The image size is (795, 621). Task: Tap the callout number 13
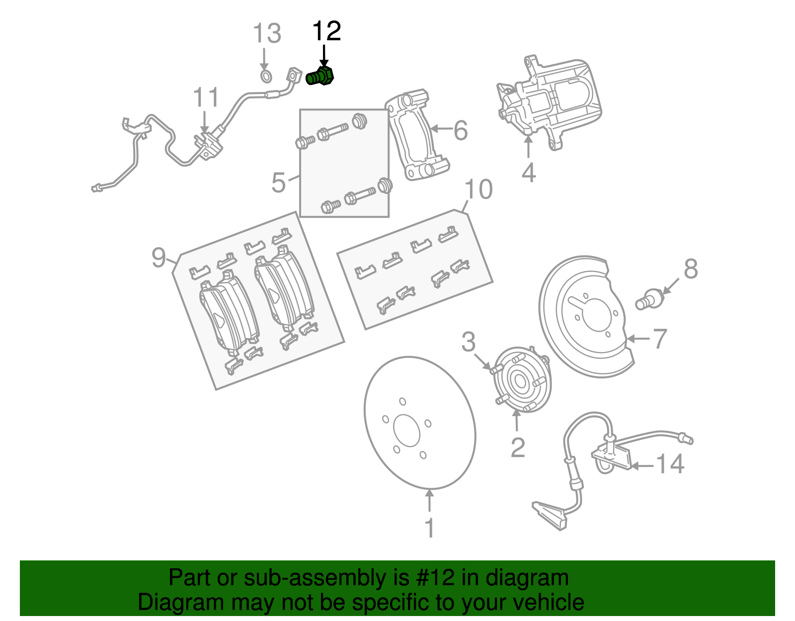pos(267,34)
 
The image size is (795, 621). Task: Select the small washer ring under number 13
pos(266,77)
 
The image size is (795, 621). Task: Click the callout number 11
pos(206,97)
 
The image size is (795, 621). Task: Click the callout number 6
pos(461,130)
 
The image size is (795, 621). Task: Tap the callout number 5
pos(278,182)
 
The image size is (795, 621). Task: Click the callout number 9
pos(159,258)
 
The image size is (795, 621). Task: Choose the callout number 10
pos(478,189)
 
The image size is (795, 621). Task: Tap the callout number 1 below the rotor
pos(430,528)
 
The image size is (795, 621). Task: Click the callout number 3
pos(468,342)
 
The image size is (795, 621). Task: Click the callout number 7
pos(659,339)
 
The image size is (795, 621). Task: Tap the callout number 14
pos(670,464)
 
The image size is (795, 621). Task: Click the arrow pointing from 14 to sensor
pos(642,466)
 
